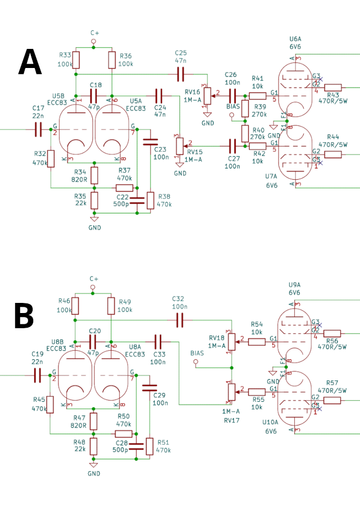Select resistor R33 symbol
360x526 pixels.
pos(76,60)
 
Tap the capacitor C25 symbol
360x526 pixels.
pos(181,74)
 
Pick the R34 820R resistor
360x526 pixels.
pos(94,175)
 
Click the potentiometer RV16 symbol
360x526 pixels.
pos(207,96)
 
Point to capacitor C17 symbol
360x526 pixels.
pos(38,129)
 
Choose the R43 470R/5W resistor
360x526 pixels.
pos(332,88)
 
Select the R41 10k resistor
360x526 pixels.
pos(258,96)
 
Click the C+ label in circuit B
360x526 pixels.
pos(94,279)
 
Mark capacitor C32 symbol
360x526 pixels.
pos(180,320)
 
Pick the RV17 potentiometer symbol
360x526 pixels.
pos(230,390)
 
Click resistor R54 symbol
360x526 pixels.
pos(256,341)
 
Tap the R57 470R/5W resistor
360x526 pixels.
pos(332,400)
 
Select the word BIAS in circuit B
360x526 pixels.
pos(197,353)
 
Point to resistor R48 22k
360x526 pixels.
pos(94,446)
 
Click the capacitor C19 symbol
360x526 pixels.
pos(38,375)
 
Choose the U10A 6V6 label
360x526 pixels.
pos(271,426)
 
